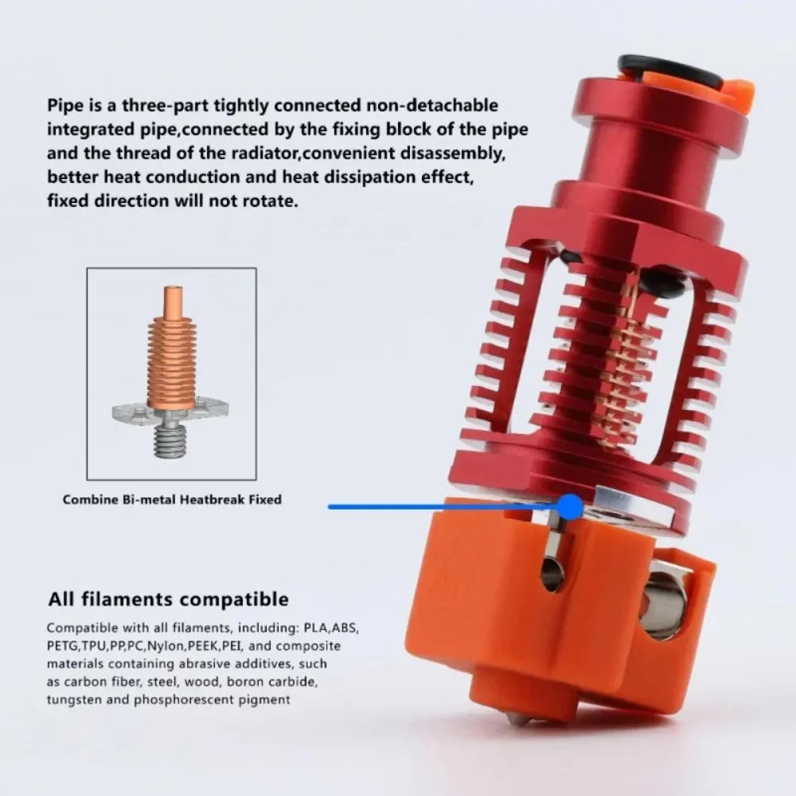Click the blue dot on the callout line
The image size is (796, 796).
[x=570, y=506]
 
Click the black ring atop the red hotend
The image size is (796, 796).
[x=670, y=67]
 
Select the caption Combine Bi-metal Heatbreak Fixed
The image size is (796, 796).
[x=172, y=500]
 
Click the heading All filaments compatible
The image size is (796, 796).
[x=168, y=599]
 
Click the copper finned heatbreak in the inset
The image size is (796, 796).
[x=171, y=359]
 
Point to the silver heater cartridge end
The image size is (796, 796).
[x=665, y=606]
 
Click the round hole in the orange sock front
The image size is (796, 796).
[x=552, y=576]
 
